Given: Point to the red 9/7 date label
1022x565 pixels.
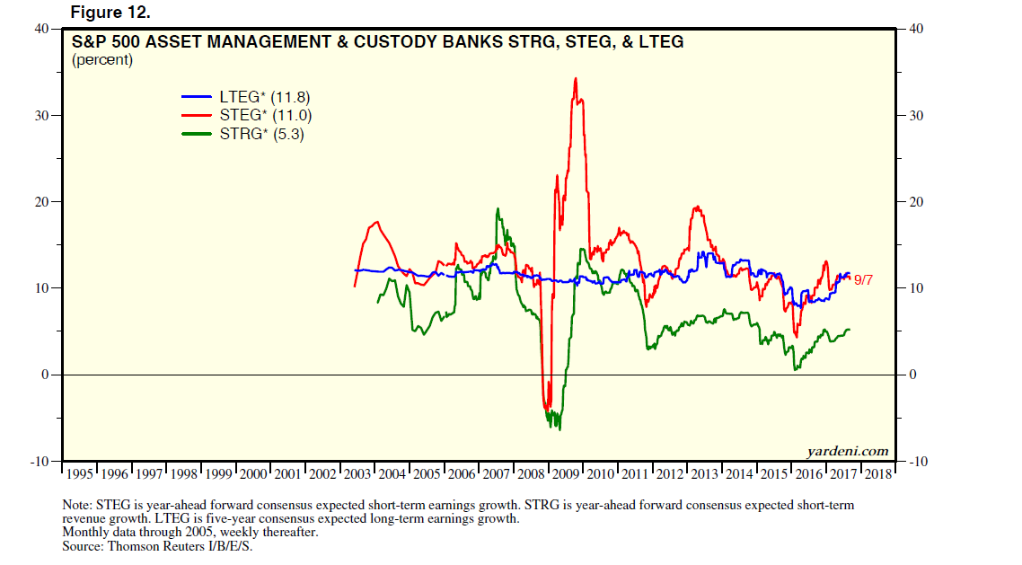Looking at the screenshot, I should [x=864, y=280].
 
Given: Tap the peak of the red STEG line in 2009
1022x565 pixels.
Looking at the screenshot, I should [x=575, y=79].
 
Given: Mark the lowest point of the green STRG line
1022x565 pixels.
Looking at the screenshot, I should [x=559, y=429].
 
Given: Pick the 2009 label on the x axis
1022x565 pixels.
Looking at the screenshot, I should [x=566, y=473].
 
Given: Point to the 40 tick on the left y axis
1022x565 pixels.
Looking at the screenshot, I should [x=41, y=29].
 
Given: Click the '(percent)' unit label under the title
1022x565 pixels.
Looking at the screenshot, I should [x=101, y=60].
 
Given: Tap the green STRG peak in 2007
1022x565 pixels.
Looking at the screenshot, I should [x=498, y=209].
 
